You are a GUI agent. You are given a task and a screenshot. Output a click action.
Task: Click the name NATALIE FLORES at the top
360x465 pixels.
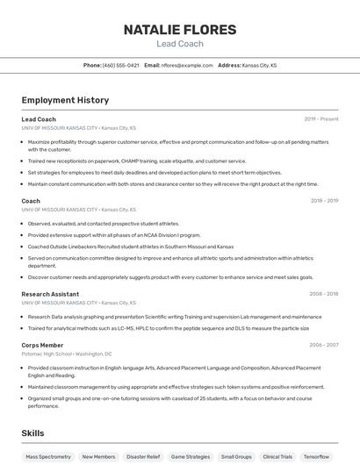(x=179, y=30)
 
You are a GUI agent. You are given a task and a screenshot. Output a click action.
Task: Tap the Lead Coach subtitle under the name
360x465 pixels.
(x=179, y=44)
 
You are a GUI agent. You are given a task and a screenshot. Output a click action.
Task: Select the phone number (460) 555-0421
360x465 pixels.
(x=120, y=65)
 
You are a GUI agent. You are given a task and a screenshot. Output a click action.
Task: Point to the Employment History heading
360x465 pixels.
(x=65, y=100)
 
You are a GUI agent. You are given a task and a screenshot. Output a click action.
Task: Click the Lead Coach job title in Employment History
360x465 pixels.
(x=39, y=119)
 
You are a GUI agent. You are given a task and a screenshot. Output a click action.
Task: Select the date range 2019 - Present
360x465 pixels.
(x=321, y=119)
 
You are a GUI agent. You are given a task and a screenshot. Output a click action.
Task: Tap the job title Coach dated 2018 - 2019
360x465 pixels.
(x=31, y=201)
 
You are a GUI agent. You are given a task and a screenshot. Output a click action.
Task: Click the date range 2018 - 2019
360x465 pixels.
(x=324, y=201)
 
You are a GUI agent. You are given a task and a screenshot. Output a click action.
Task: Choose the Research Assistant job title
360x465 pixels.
(x=50, y=294)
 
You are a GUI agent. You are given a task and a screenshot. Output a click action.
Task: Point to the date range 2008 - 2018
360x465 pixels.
(x=324, y=294)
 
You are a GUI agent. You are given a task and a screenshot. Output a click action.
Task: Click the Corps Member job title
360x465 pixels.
(x=42, y=346)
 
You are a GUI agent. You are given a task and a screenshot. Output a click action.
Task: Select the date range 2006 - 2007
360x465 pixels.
(x=324, y=346)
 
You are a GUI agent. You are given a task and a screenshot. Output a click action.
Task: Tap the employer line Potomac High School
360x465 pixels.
(x=67, y=354)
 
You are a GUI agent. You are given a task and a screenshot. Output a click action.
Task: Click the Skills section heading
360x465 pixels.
(x=32, y=433)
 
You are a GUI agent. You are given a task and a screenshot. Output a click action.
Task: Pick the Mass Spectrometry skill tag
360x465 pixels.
(x=48, y=456)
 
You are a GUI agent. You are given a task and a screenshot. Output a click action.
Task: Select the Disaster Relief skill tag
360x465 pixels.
(x=142, y=456)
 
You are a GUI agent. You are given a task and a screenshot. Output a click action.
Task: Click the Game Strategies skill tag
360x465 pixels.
(x=191, y=456)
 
